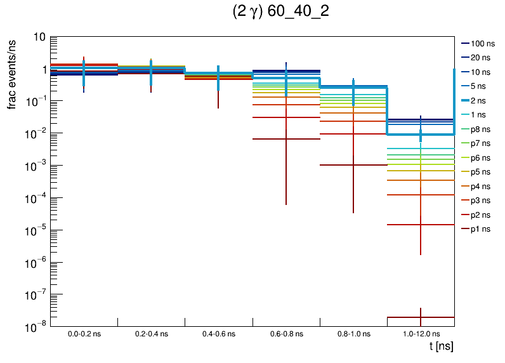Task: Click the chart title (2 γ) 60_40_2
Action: coord(281,12)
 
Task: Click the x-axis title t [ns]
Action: coord(441,346)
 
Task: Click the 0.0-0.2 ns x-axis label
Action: coord(84,333)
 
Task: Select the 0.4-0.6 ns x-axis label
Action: coord(218,333)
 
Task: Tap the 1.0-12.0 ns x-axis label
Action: coord(420,333)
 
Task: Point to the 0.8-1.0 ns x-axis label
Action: coord(353,333)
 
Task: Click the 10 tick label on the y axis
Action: coord(39,37)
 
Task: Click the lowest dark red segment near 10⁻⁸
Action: coord(406,317)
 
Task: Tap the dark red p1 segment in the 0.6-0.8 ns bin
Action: coord(270,139)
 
